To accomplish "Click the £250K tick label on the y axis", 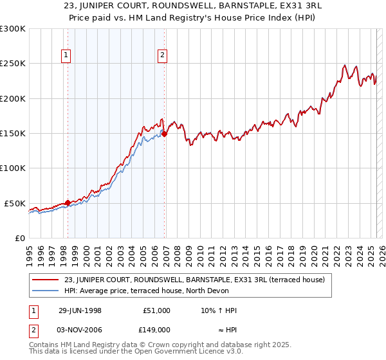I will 13,64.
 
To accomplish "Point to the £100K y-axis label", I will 13,168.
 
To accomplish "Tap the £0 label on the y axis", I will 20,238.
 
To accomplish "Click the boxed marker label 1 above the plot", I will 67,56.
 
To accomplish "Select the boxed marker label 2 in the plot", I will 163,56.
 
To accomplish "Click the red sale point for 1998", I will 68,203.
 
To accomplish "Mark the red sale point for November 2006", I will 164,134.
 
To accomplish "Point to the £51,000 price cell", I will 157,310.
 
